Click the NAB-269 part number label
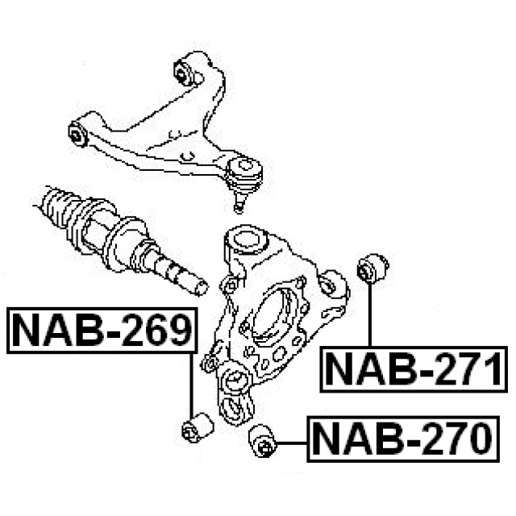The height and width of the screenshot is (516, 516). pyautogui.click(x=102, y=331)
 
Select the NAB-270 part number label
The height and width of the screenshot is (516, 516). pyautogui.click(x=403, y=439)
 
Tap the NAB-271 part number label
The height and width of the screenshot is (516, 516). pyautogui.click(x=414, y=369)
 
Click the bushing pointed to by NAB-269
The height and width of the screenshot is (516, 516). pyautogui.click(x=197, y=427)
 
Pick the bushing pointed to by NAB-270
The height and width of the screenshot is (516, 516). pyautogui.click(x=263, y=441)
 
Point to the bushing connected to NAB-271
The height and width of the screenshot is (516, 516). pyautogui.click(x=372, y=268)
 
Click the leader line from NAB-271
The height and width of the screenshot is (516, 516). pyautogui.click(x=370, y=314)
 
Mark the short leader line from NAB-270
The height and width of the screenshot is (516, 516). pyautogui.click(x=292, y=443)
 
